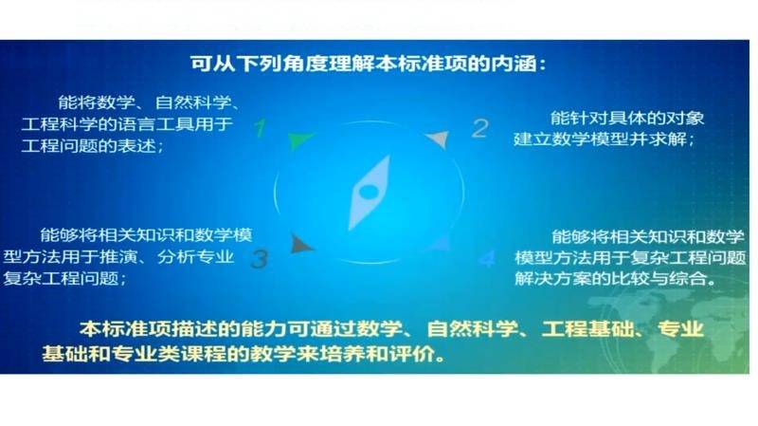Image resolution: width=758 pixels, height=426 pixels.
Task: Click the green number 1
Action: (260, 128)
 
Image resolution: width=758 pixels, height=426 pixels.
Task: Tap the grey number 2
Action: (480, 128)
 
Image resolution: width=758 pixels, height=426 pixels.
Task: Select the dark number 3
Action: (260, 258)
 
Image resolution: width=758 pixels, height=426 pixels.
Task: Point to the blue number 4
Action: (487, 258)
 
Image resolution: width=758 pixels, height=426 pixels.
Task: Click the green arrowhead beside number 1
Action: (299, 139)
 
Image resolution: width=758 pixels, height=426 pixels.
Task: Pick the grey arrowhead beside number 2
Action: (438, 139)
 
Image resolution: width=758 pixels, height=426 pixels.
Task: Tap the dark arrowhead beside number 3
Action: (301, 244)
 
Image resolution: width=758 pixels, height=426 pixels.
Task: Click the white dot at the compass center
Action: (369, 193)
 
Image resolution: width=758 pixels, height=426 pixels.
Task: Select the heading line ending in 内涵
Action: (368, 64)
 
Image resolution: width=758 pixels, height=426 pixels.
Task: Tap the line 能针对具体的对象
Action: (627, 118)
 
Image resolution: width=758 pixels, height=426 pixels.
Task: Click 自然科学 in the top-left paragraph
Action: (193, 102)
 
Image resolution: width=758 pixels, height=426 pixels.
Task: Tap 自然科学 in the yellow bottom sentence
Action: (472, 329)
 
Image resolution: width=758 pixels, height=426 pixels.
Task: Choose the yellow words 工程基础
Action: (587, 329)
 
